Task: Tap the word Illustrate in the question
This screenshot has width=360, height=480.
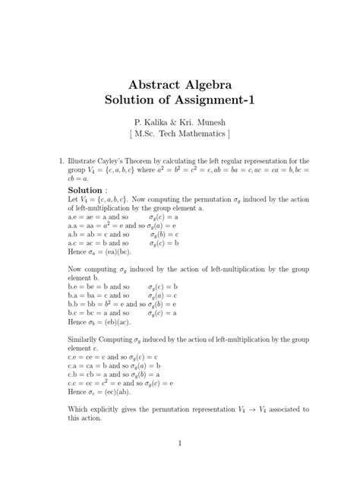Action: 83,161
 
